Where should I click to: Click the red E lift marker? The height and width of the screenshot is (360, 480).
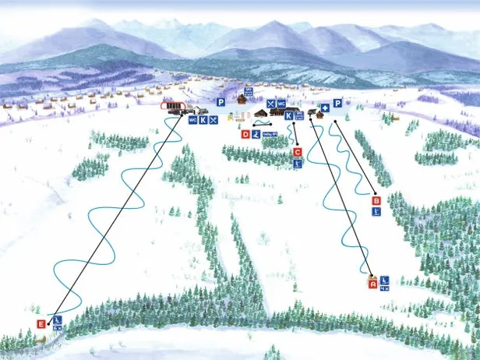(x=41, y=324)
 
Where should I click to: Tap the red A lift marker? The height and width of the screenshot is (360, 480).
(x=372, y=284)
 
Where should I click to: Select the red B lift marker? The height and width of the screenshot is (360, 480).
(x=377, y=200)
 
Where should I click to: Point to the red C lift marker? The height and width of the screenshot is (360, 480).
(x=297, y=153)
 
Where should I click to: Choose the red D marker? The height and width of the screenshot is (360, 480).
(x=245, y=134)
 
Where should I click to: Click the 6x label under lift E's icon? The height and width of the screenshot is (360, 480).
(x=57, y=329)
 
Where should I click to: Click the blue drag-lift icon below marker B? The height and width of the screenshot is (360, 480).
(x=377, y=211)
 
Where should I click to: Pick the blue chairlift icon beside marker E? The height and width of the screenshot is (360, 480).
(x=57, y=319)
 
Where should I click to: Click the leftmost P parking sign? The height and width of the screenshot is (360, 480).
(x=221, y=102)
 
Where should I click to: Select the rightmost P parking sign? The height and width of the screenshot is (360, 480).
(x=337, y=103)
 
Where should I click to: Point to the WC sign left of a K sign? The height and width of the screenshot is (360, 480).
(x=192, y=120)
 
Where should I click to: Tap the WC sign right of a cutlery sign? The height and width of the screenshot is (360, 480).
(x=281, y=103)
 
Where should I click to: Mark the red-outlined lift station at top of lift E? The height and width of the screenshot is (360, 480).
(x=171, y=108)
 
